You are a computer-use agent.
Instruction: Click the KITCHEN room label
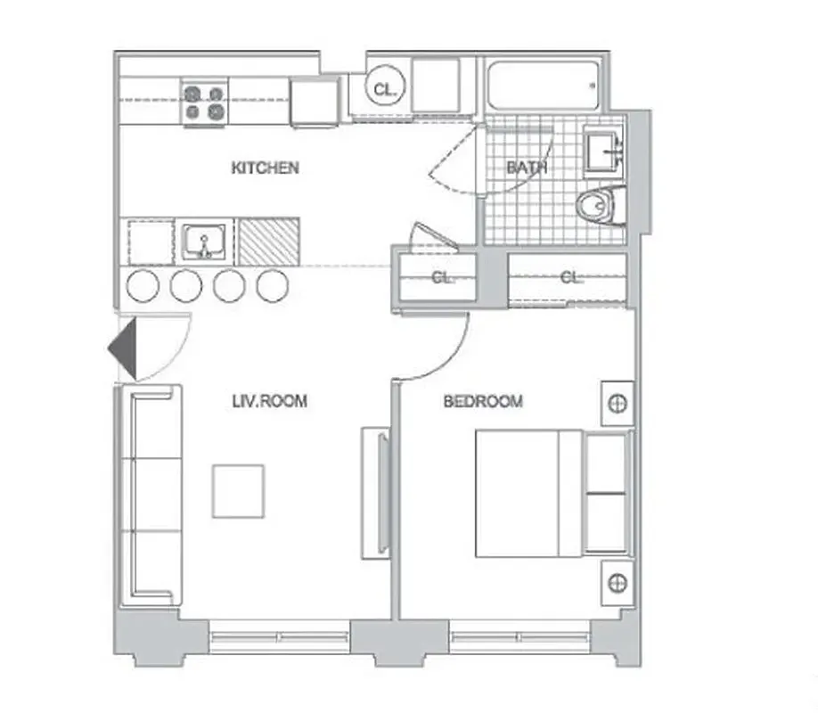click(x=265, y=168)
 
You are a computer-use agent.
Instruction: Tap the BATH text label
click(x=527, y=168)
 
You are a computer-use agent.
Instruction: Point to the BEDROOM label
click(x=483, y=402)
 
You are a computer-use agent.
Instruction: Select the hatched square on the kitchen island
click(x=268, y=241)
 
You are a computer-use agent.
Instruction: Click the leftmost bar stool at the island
click(x=143, y=285)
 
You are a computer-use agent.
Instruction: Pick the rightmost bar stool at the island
click(x=272, y=285)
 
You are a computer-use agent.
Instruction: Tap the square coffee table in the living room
click(x=238, y=491)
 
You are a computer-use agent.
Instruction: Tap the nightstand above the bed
click(x=617, y=404)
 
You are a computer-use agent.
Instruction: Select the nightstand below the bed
click(x=617, y=584)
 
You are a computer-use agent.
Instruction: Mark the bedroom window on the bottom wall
click(x=519, y=637)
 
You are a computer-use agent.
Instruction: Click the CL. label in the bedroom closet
click(x=570, y=278)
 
